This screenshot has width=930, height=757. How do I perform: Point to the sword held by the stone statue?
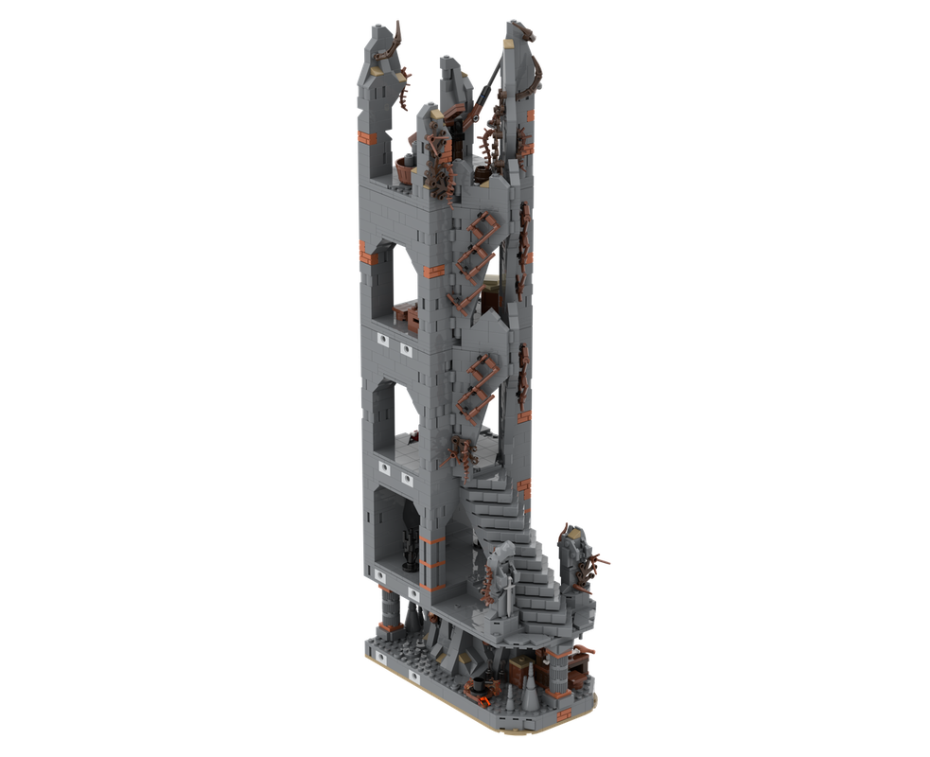click(x=508, y=591)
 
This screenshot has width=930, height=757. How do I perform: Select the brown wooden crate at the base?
click(x=521, y=674)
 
